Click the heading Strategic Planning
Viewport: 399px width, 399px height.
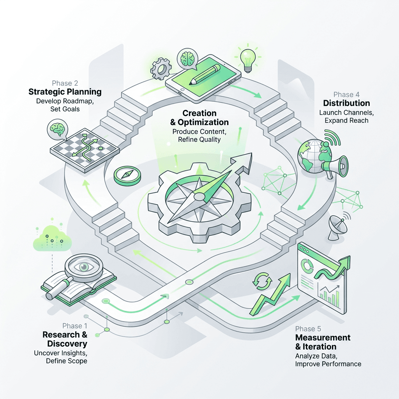click(65, 92)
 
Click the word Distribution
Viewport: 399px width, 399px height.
click(346, 103)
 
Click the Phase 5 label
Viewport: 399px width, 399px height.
click(308, 329)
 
